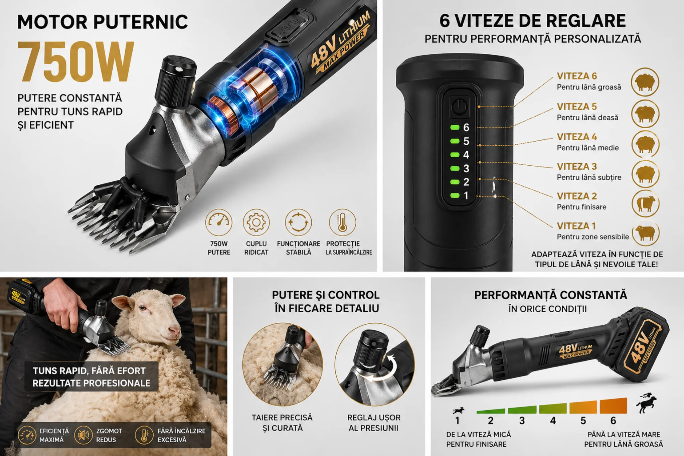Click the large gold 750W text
click(x=76, y=61)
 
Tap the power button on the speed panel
click(x=460, y=107)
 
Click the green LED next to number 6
click(x=455, y=127)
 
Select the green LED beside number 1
click(x=455, y=195)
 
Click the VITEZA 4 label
click(x=577, y=137)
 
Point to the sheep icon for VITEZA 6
click(x=645, y=82)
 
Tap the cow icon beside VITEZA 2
click(x=645, y=203)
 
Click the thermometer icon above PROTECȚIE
click(x=342, y=222)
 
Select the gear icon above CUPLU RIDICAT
click(x=256, y=222)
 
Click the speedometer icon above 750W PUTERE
click(x=219, y=222)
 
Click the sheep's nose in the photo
click(x=175, y=331)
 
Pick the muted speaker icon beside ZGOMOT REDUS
click(x=83, y=435)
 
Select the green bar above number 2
click(x=491, y=411)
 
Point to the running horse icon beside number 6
click(x=646, y=403)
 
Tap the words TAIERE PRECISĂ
click(x=282, y=418)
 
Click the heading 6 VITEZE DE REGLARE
click(x=533, y=21)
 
